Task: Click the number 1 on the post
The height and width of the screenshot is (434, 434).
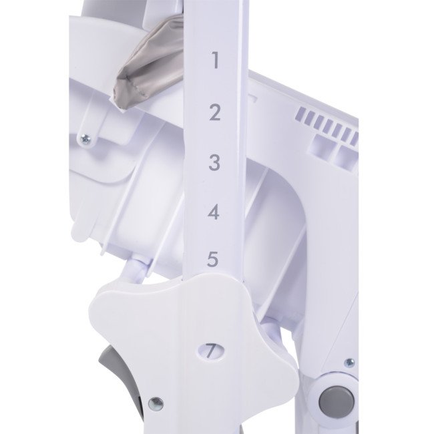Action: [x=216, y=60]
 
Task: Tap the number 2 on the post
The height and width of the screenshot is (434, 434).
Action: [x=215, y=112]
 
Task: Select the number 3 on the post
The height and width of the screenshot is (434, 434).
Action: [x=214, y=162]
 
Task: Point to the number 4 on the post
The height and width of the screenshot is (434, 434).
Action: [x=214, y=212]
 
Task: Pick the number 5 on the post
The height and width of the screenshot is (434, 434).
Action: [x=212, y=259]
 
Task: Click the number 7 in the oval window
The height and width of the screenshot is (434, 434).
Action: [x=211, y=351]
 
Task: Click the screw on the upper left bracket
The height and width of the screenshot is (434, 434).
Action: [x=85, y=138]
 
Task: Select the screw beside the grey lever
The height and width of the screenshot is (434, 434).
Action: [x=156, y=404]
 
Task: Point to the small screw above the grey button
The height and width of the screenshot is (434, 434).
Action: [x=350, y=363]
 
